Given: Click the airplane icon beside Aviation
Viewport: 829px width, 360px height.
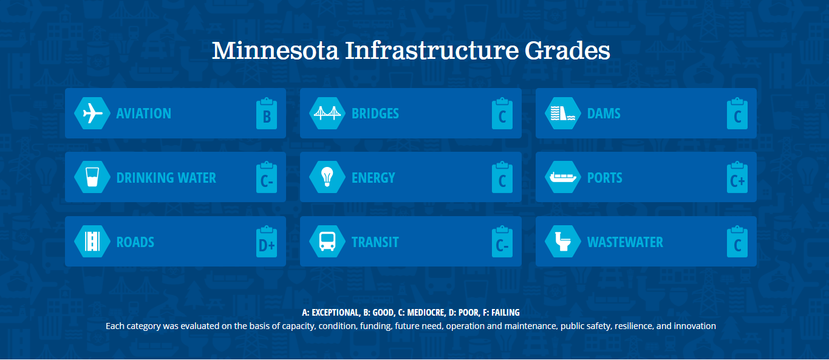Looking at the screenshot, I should pos(92,114).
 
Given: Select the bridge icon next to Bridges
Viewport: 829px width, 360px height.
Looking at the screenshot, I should pos(327,114).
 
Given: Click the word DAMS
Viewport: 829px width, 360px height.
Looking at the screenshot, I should pos(604,114).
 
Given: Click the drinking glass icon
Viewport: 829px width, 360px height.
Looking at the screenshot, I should pos(92,177).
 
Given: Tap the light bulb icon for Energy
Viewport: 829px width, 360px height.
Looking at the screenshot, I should pos(327,177).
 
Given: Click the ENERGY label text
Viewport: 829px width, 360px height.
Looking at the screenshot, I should pos(374,178).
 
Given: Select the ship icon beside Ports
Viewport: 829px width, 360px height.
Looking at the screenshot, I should pos(563,177).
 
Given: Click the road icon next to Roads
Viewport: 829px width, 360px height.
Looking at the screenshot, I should pos(92,242).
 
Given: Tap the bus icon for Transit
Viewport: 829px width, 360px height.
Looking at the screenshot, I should pos(327,242).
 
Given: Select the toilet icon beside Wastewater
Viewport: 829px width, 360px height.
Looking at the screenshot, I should pos(563,242).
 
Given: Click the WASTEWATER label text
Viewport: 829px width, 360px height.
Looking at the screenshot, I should pos(625,242).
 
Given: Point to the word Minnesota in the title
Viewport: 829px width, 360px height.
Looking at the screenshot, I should pos(275,50).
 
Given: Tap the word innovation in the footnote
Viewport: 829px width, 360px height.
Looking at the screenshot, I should pos(695,326).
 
